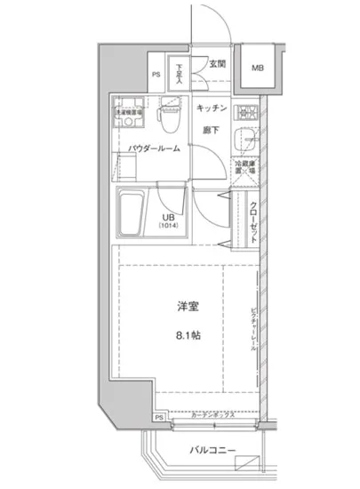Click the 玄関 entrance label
(x=217, y=64)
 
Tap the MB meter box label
(x=256, y=67)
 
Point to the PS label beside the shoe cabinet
(x=156, y=75)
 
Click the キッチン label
(x=213, y=108)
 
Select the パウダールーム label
(x=154, y=148)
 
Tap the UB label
(x=166, y=217)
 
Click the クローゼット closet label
(x=252, y=221)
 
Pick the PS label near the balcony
(x=158, y=416)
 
